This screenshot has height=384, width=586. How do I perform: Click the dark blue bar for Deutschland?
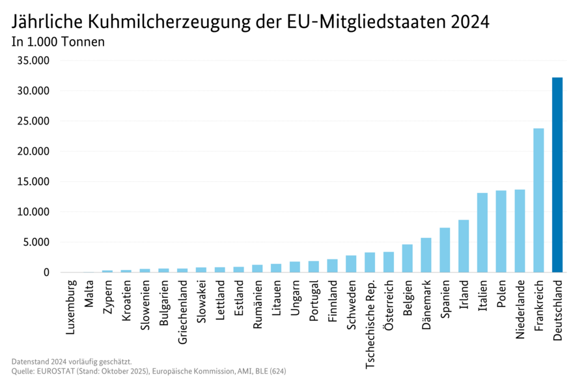click(x=557, y=175)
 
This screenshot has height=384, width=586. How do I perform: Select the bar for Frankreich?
click(x=538, y=200)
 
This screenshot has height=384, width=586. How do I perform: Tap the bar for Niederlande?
click(x=520, y=231)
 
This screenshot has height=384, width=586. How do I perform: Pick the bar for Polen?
click(x=501, y=231)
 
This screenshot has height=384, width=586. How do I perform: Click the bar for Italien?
click(x=482, y=233)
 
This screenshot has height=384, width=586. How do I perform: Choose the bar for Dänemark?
click(x=426, y=255)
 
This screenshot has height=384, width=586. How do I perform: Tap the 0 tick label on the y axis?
click(x=46, y=273)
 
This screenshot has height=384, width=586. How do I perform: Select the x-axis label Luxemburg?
click(x=70, y=308)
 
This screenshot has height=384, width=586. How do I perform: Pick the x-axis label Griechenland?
click(x=183, y=312)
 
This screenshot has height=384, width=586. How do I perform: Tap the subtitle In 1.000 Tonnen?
click(x=58, y=42)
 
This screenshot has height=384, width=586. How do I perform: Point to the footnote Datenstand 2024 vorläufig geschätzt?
click(x=72, y=361)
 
